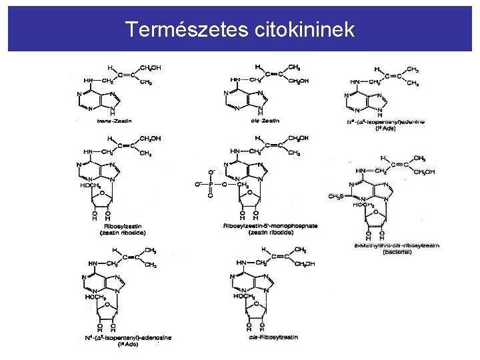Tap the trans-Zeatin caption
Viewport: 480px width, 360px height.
click(114, 121)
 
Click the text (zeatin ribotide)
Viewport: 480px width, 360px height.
click(270, 232)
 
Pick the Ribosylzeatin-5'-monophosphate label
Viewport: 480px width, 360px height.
click(270, 226)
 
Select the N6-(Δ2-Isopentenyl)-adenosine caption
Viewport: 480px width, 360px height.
click(129, 337)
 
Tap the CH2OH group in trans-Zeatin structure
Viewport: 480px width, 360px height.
click(151, 67)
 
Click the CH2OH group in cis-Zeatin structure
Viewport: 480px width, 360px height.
click(299, 81)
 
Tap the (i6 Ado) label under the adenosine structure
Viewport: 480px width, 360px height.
click(127, 345)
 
